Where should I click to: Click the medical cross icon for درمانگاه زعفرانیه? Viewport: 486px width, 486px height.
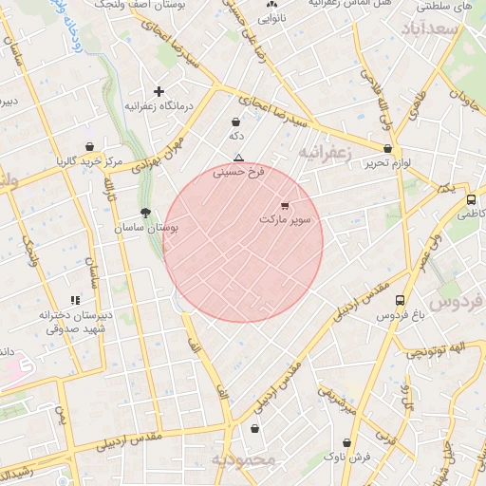pos(159,91)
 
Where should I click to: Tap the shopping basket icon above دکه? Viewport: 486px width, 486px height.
pos(235,121)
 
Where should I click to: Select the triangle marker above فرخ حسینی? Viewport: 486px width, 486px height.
pos(238,158)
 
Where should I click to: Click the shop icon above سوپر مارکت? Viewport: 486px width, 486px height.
pos(286,205)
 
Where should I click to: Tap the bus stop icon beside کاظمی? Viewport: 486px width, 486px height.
pos(471,200)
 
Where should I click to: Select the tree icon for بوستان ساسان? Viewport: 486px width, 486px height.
pos(145,214)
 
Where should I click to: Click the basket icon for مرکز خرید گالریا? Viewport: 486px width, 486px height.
pos(89,147)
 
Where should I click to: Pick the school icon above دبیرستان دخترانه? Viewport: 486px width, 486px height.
pos(75,300)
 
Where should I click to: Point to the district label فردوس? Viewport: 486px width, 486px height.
pos(457,302)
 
